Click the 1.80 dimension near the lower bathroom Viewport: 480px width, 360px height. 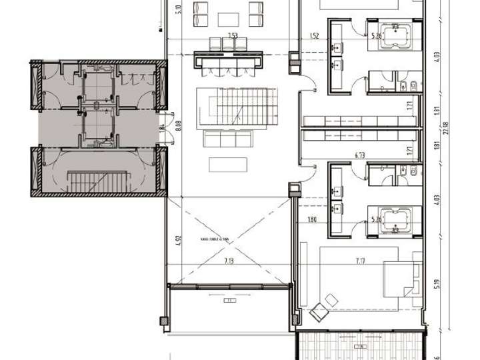tap(311, 218)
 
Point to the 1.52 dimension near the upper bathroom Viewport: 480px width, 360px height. tap(313, 36)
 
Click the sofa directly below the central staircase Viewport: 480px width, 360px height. tap(227, 139)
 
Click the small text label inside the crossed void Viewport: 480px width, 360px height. tap(211, 238)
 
